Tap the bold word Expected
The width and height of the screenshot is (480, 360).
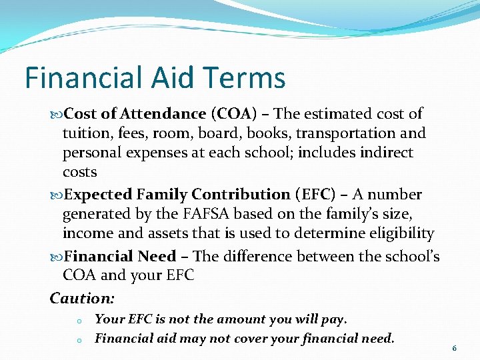[x=99, y=195]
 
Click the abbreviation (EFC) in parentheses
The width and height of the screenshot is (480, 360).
[x=317, y=195]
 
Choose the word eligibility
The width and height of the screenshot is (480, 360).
[x=399, y=233]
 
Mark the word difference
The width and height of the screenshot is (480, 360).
[x=260, y=256]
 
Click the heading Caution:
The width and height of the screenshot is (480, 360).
[x=82, y=298]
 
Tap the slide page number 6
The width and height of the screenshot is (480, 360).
[x=454, y=348]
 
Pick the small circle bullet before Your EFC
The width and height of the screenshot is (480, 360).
[x=79, y=321]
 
